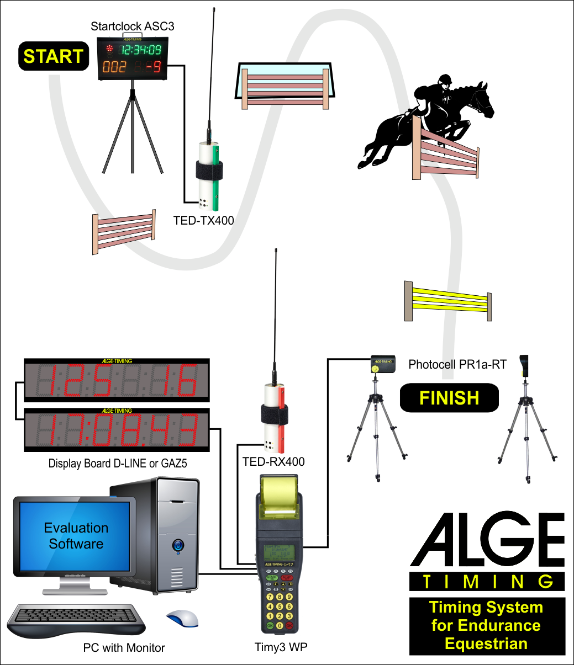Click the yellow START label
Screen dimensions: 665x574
pos(54,56)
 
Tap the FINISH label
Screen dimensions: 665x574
pos(449,398)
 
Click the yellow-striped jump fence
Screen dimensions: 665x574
pos(448,300)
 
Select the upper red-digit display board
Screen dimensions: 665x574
pos(117,381)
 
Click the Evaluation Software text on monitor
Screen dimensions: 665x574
pos(76,536)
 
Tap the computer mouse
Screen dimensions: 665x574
pos(182,619)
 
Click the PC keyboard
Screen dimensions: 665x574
pos(77,618)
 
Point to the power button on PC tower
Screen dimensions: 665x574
pos(177,546)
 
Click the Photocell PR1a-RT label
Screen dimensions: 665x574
pos(457,364)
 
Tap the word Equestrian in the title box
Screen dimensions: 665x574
pos(487,643)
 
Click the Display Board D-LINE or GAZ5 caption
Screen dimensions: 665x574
pos(118,464)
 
